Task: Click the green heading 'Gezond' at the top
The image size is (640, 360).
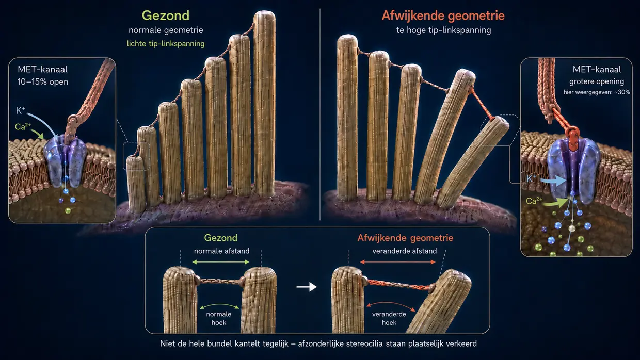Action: pyautogui.click(x=166, y=15)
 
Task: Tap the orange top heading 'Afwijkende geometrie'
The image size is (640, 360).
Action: pyautogui.click(x=443, y=15)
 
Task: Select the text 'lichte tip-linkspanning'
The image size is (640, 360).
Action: pyautogui.click(x=166, y=44)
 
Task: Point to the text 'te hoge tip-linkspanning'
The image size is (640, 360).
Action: pyautogui.click(x=444, y=30)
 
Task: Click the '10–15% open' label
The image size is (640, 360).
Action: pyautogui.click(x=43, y=81)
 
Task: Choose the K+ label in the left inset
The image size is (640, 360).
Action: pyautogui.click(x=21, y=110)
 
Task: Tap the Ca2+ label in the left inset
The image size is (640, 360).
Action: pyautogui.click(x=23, y=126)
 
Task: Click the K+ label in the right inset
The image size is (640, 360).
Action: pyautogui.click(x=532, y=178)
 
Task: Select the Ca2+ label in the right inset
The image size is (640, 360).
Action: pyautogui.click(x=534, y=201)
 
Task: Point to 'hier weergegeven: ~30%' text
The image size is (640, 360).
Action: pyautogui.click(x=597, y=92)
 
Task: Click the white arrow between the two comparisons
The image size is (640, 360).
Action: pyautogui.click(x=307, y=287)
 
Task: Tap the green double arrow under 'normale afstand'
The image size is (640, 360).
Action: pyautogui.click(x=220, y=262)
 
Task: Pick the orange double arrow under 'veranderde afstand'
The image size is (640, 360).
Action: pyautogui.click(x=398, y=262)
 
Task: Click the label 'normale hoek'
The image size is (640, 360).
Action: pyautogui.click(x=218, y=318)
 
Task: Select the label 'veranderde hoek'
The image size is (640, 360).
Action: pyautogui.click(x=389, y=318)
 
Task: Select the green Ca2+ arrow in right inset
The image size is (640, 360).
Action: pyautogui.click(x=555, y=203)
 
